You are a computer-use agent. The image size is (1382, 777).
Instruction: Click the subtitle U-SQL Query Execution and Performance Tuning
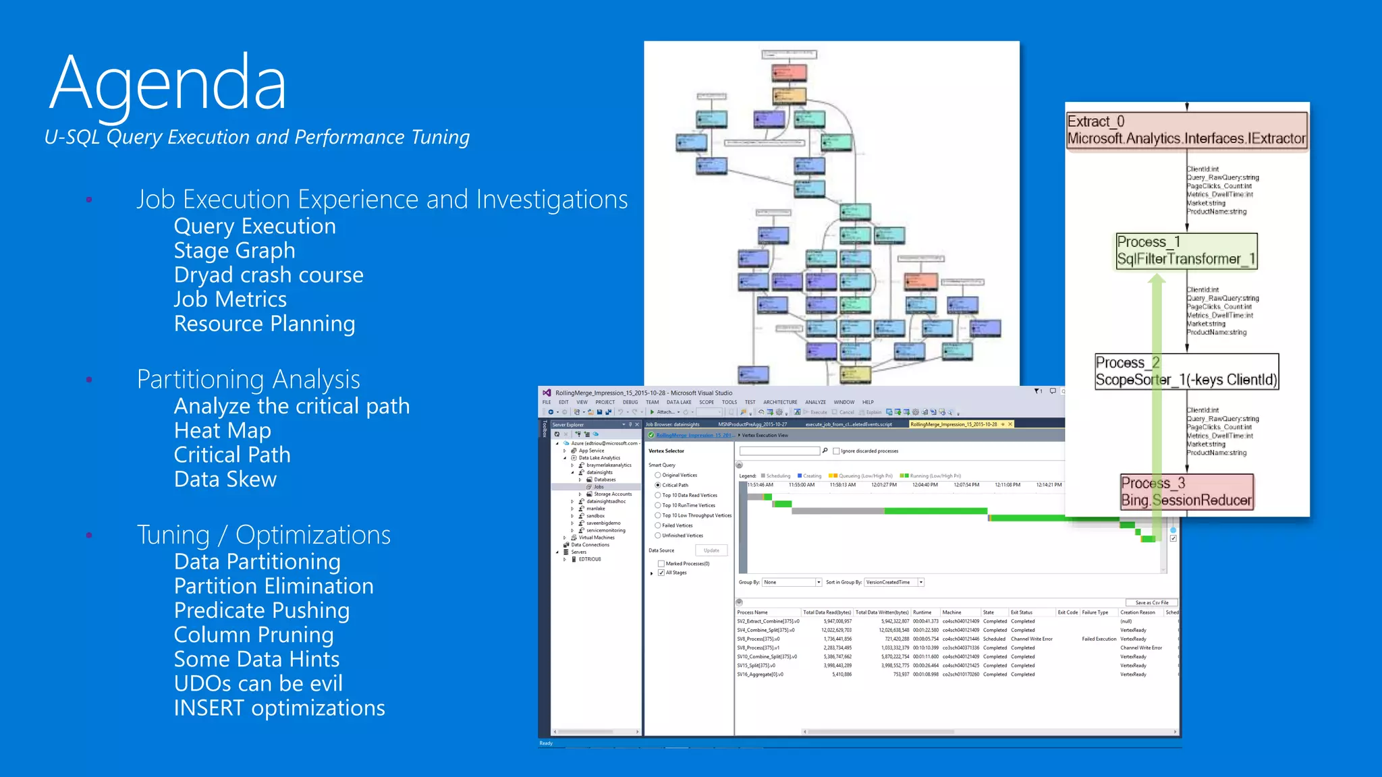tap(256, 137)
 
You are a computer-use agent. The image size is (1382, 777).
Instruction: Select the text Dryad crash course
tap(268, 275)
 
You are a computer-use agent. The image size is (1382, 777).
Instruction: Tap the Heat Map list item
tap(222, 430)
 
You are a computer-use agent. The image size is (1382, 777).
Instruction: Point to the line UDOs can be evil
tap(258, 683)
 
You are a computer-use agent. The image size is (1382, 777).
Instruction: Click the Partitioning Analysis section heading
tap(248, 379)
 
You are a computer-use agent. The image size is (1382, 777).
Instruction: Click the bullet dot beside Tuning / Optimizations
tap(89, 536)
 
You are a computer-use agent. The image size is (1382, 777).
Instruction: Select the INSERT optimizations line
tap(279, 708)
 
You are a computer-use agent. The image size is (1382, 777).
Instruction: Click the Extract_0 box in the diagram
tap(1186, 130)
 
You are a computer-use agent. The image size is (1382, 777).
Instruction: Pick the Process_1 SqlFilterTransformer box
tap(1186, 251)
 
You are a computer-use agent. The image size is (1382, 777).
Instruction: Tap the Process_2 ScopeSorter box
tap(1186, 372)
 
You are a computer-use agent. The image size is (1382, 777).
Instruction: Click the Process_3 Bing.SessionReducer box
tap(1186, 492)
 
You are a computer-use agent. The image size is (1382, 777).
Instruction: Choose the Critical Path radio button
tap(658, 485)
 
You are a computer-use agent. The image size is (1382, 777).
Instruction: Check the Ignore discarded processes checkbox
tap(836, 451)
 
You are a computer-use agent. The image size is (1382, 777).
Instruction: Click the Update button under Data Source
tap(711, 550)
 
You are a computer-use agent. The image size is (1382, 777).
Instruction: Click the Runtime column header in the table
tap(922, 612)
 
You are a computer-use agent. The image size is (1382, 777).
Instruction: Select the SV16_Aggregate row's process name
tap(760, 674)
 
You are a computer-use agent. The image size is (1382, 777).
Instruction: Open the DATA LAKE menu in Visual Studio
tap(678, 402)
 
